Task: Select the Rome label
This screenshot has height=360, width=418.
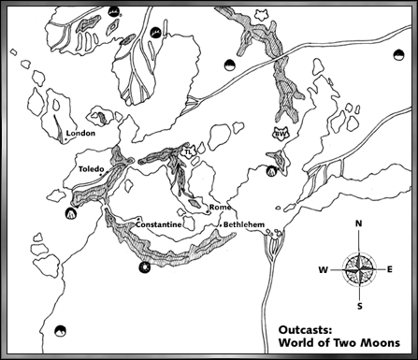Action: click(x=220, y=207)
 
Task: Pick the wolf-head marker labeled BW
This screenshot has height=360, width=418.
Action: click(x=279, y=135)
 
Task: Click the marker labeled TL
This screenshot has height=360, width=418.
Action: click(x=188, y=151)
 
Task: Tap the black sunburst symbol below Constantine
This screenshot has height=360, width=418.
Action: click(x=143, y=268)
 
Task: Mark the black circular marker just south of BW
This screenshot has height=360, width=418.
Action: click(x=272, y=171)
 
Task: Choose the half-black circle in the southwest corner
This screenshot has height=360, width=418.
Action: click(x=62, y=329)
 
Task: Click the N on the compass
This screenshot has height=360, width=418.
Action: click(x=359, y=224)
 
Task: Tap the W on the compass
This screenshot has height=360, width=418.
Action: click(x=323, y=269)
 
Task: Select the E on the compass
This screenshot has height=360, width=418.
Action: click(x=390, y=269)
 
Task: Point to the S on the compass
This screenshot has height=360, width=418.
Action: click(x=359, y=306)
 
